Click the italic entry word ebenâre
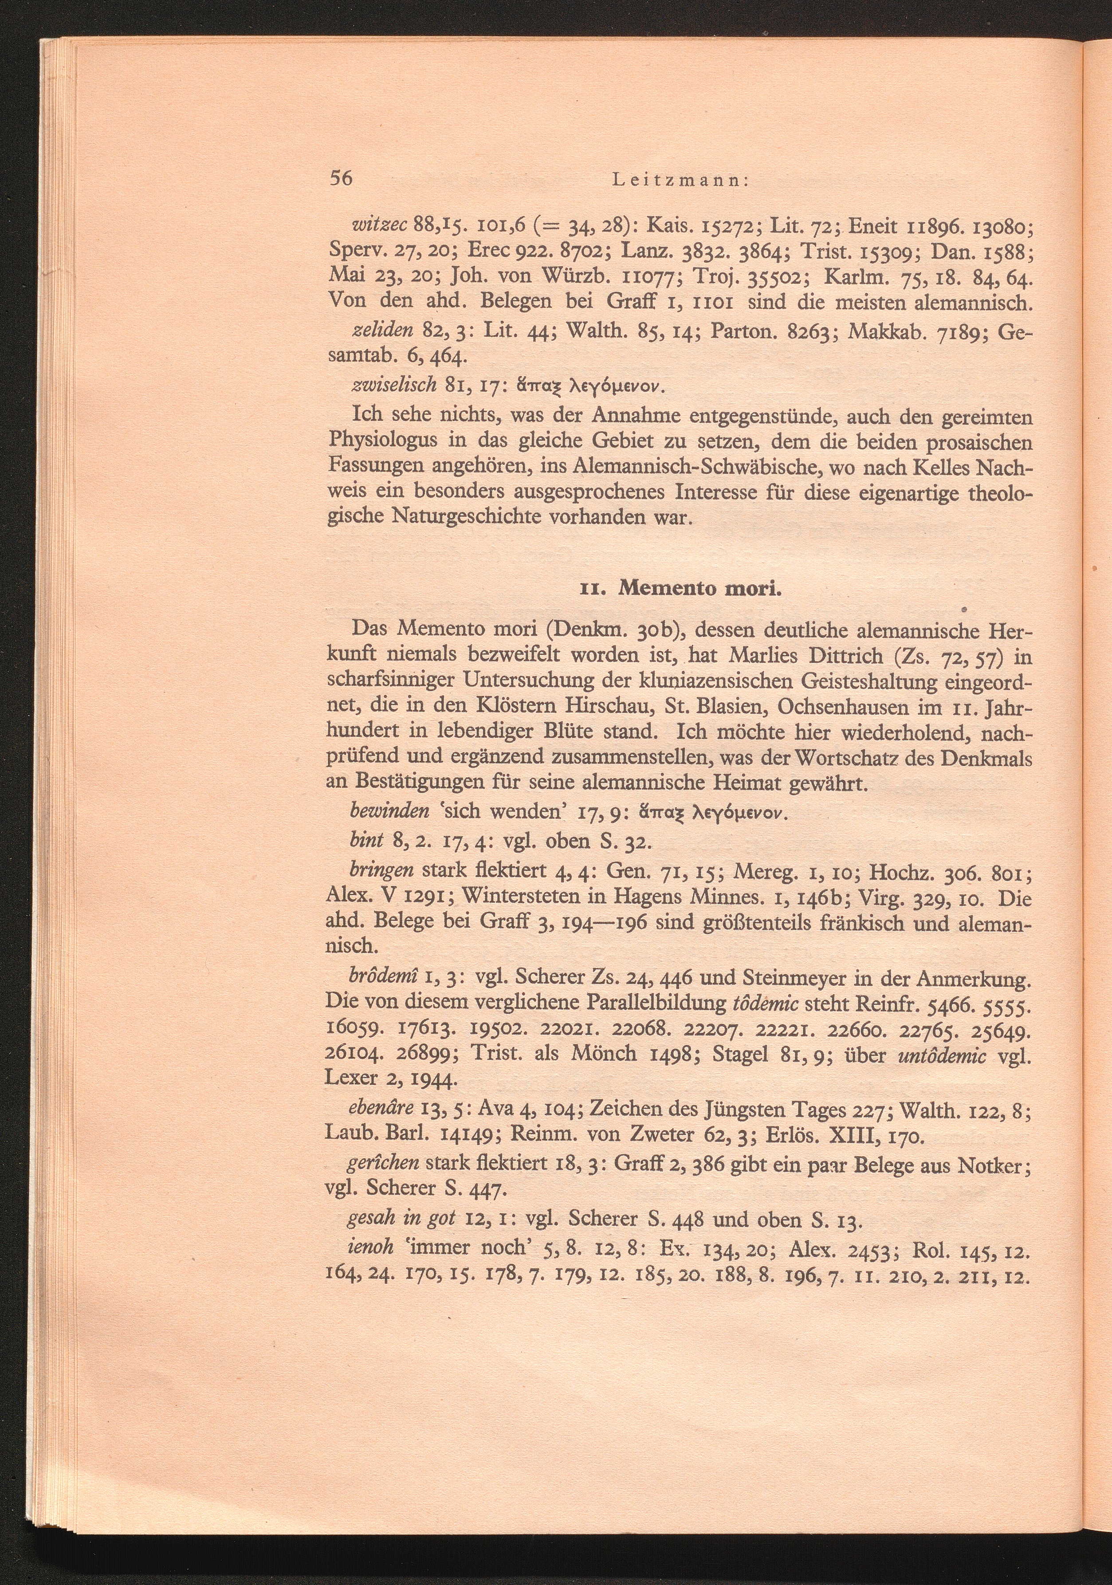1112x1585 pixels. click(x=382, y=1108)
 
